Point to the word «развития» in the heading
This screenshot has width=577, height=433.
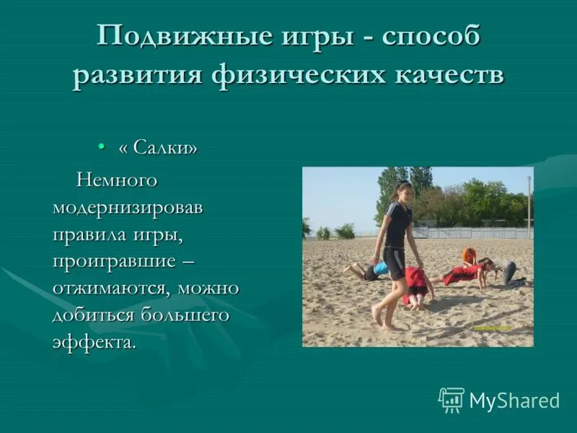click(x=135, y=75)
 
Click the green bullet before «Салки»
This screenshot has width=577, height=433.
click(x=102, y=147)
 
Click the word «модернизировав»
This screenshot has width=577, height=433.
click(x=128, y=207)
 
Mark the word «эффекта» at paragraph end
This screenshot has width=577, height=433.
click(x=92, y=342)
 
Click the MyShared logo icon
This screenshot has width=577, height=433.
click(x=452, y=399)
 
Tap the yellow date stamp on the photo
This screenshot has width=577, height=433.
click(x=493, y=328)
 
